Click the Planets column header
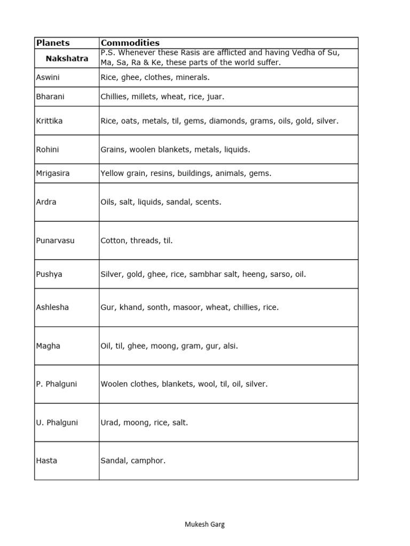(53, 43)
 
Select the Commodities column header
(130, 43)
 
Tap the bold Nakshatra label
(67, 58)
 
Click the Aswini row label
(48, 77)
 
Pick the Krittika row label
(49, 121)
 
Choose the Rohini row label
(48, 150)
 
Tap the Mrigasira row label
(52, 173)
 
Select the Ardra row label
(46, 202)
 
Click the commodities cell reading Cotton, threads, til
(137, 240)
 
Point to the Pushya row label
(49, 274)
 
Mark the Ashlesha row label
(52, 308)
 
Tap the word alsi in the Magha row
(230, 346)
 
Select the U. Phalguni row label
(57, 423)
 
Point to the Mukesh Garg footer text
(204, 524)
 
